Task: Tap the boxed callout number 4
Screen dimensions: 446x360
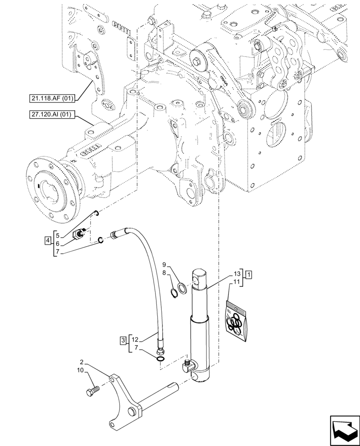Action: click(x=47, y=241)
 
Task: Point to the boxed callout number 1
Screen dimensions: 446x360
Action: click(x=249, y=273)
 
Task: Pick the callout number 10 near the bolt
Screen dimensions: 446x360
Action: click(x=80, y=371)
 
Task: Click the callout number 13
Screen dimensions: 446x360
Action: click(x=237, y=273)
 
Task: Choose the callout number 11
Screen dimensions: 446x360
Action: click(x=237, y=282)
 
